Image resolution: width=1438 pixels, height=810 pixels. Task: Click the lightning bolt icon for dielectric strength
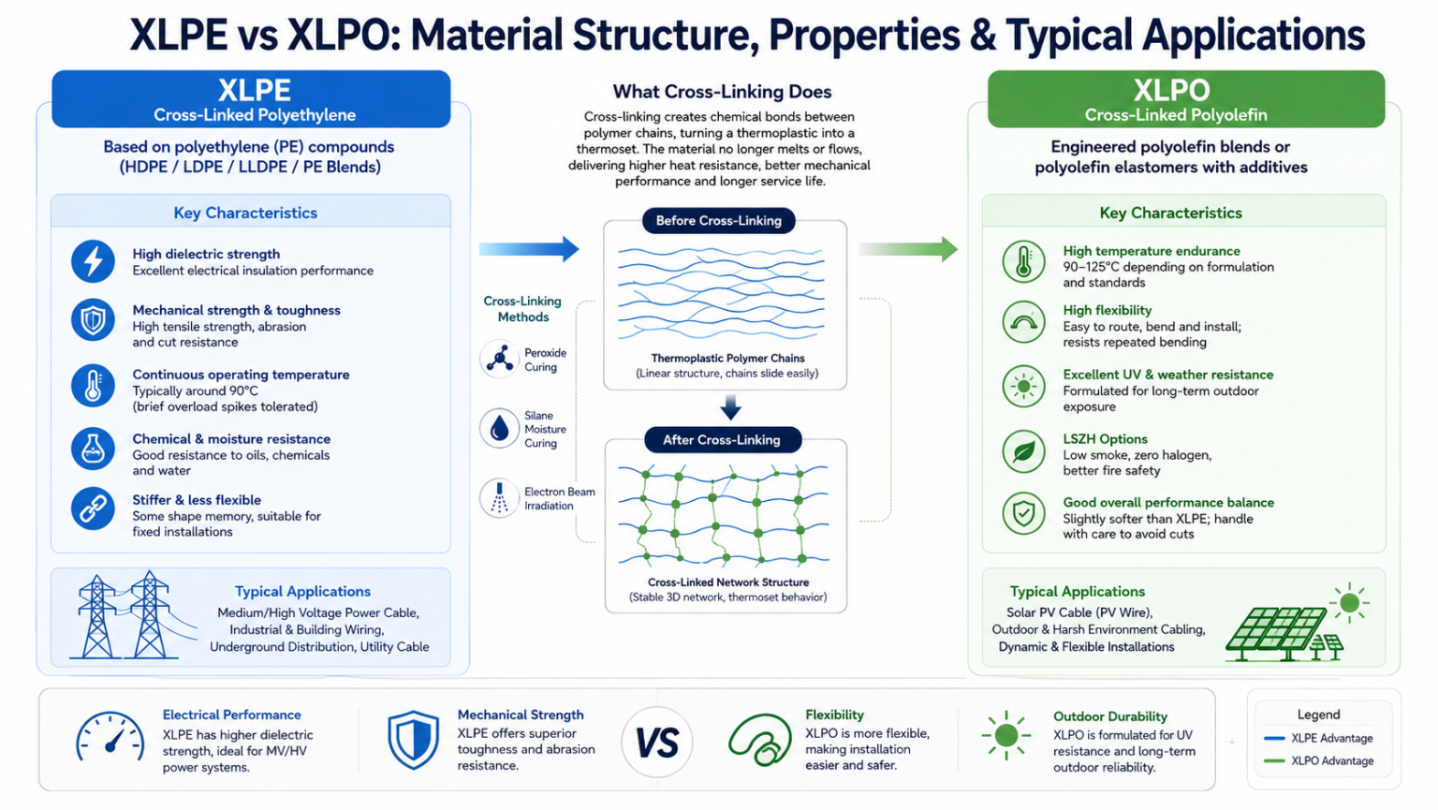click(x=93, y=261)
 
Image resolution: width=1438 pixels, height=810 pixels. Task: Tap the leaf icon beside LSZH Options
click(x=1023, y=451)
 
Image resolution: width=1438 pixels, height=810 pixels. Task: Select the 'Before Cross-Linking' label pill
click(x=718, y=221)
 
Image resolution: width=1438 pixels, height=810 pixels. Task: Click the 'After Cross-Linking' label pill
click(x=722, y=440)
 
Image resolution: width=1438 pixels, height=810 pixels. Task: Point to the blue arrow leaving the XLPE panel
click(x=529, y=249)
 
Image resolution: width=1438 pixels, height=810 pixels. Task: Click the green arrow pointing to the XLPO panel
click(x=908, y=249)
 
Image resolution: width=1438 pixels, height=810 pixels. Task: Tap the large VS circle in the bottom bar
click(x=656, y=743)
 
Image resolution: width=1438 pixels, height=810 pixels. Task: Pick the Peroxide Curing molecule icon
click(x=499, y=359)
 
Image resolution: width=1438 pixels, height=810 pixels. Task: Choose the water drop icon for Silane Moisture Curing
click(x=499, y=428)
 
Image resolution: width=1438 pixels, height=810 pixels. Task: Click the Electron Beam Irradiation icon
click(x=499, y=498)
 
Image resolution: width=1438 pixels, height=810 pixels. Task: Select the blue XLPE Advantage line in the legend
click(x=1273, y=739)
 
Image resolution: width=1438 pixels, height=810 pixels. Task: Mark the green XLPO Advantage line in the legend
click(x=1273, y=761)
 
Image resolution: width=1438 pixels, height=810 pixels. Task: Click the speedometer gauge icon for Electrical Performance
click(x=110, y=737)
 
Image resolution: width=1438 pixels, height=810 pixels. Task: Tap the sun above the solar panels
click(x=1349, y=602)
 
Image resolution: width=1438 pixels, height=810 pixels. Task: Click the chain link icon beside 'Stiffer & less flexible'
click(x=93, y=508)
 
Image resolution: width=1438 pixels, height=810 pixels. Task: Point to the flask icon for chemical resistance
click(x=93, y=449)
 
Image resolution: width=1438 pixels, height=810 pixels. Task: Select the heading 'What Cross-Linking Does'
click(x=722, y=92)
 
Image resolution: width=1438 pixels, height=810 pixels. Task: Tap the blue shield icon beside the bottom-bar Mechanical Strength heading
click(x=414, y=740)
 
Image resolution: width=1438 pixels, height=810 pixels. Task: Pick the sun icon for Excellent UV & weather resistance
click(x=1023, y=387)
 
